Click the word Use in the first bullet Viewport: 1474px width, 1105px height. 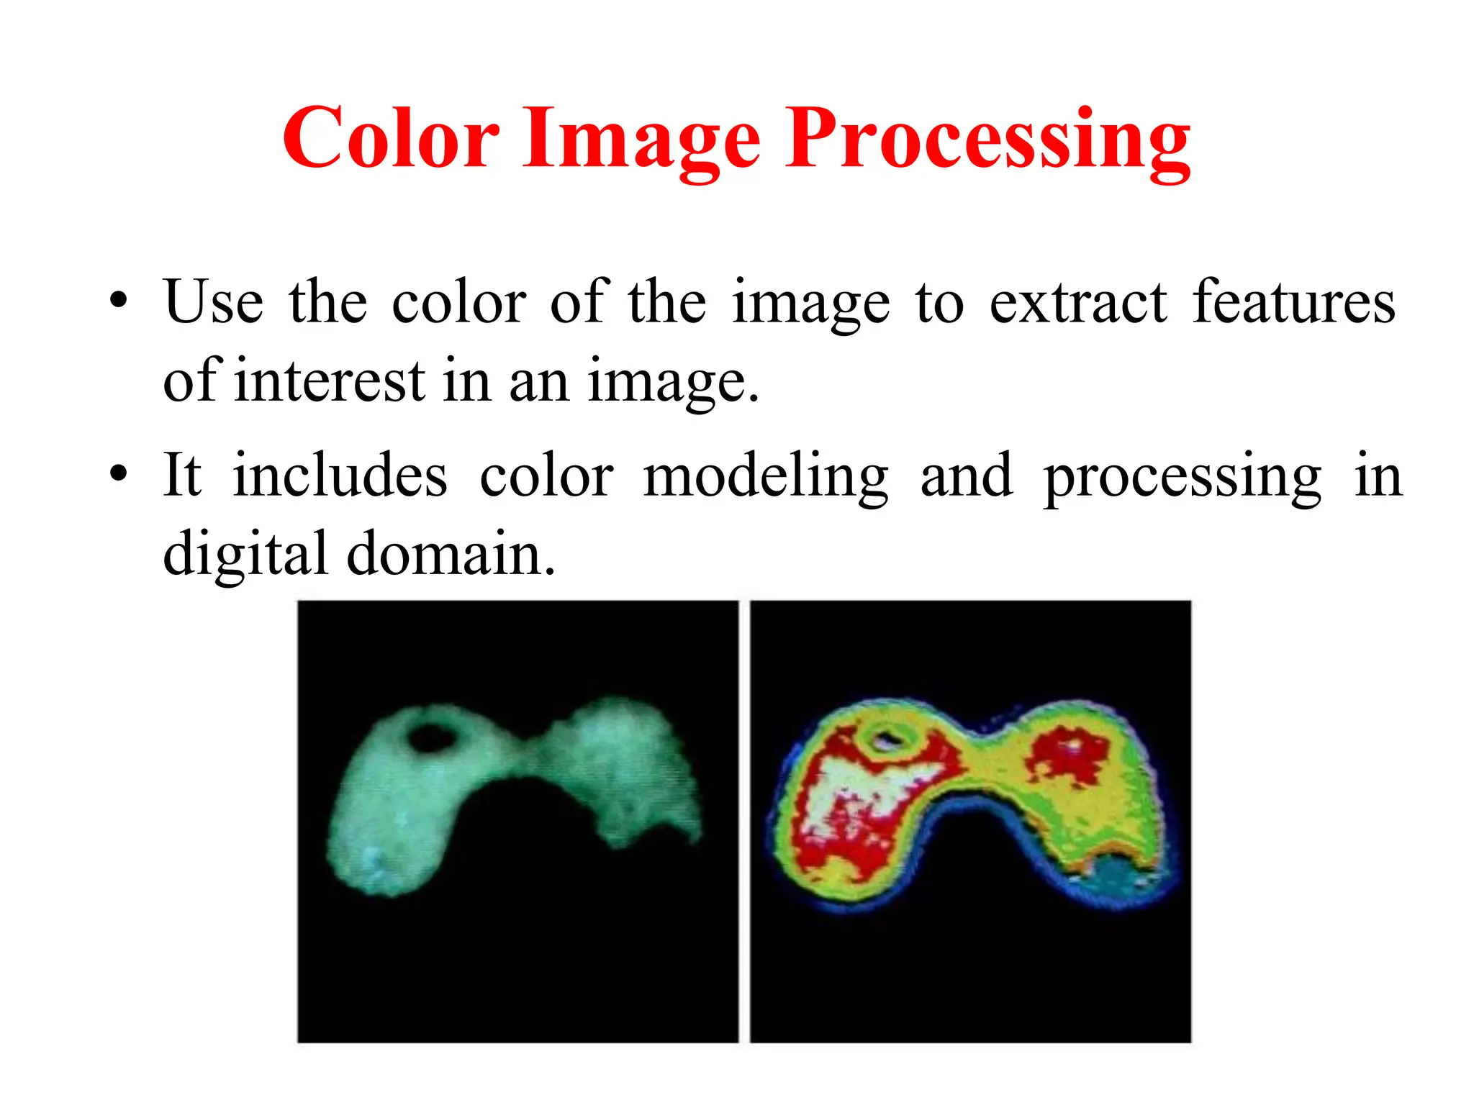(214, 301)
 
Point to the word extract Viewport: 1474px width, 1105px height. (1078, 303)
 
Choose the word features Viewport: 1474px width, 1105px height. (1293, 301)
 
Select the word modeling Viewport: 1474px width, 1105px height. (766, 478)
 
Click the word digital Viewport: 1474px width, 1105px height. (245, 555)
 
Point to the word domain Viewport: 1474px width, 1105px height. (451, 553)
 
